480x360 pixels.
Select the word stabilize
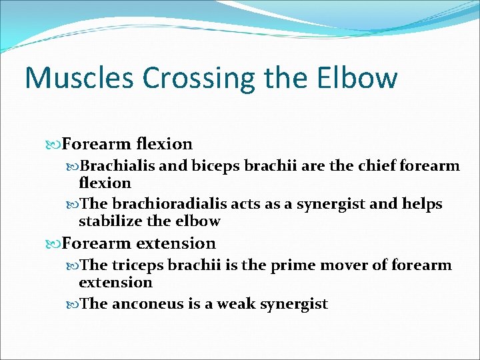[x=108, y=221]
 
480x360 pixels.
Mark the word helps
[x=421, y=204]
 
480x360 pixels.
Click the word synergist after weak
[x=294, y=305]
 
